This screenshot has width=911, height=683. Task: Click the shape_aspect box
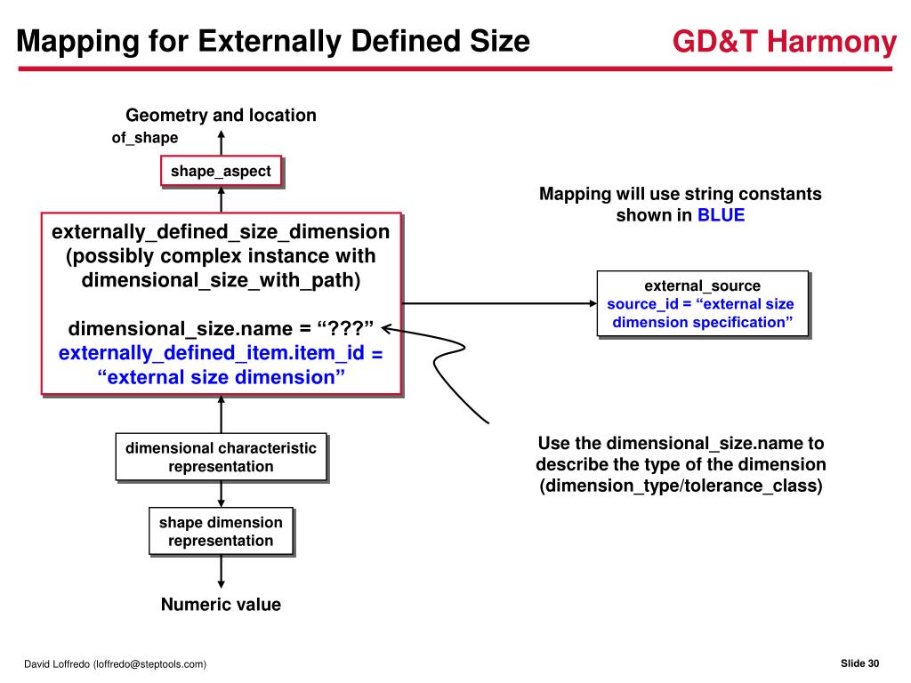click(x=221, y=171)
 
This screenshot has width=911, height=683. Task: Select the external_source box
click(x=702, y=303)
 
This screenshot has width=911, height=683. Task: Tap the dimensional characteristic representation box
click(x=221, y=457)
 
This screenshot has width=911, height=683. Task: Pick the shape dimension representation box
click(x=221, y=531)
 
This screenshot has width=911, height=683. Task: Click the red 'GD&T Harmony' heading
click(x=784, y=42)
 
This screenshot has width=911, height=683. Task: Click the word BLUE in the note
click(x=721, y=215)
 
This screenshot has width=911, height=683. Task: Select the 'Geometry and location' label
click(x=221, y=115)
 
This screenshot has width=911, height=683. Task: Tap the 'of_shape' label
click(x=144, y=138)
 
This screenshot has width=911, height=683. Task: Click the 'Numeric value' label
click(x=221, y=605)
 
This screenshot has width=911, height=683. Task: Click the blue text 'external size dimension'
click(x=221, y=377)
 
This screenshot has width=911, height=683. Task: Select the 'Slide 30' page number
click(x=859, y=663)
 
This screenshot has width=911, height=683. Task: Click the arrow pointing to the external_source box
click(x=498, y=302)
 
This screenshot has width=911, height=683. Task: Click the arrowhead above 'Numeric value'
click(x=221, y=582)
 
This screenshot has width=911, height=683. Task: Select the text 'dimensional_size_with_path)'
click(x=221, y=281)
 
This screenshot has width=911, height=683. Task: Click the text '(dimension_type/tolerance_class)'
click(x=681, y=486)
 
